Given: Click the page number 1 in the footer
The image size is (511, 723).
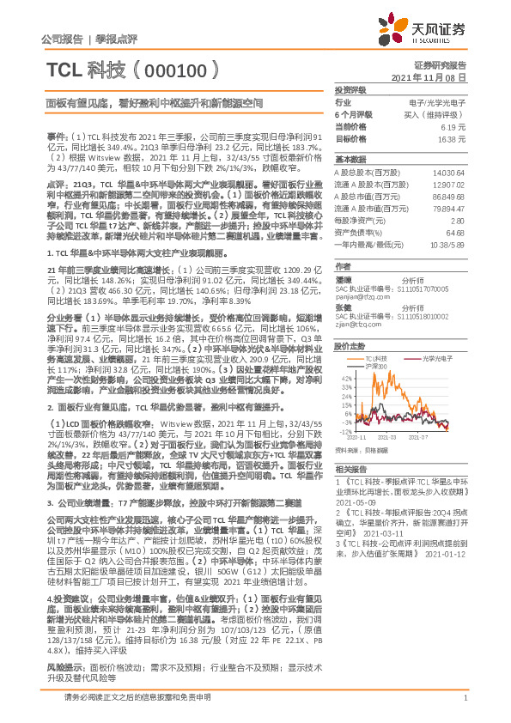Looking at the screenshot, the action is (465, 699).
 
